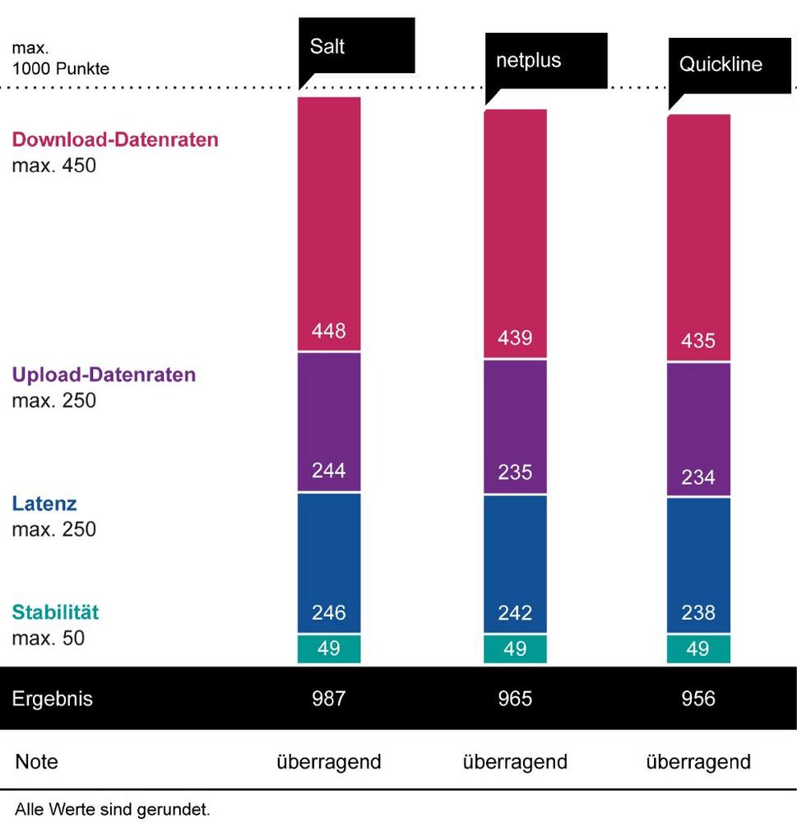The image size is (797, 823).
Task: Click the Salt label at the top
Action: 327,46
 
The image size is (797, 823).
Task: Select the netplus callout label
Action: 528,61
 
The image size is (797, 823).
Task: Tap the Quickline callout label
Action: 721,65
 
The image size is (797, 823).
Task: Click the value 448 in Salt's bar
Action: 329,331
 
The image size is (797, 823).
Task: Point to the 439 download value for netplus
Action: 515,337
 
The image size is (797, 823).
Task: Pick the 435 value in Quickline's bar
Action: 697,340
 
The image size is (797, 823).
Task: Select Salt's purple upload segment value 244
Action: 329,471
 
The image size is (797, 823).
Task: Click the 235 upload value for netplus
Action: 515,472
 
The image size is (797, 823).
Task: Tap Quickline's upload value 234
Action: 697,477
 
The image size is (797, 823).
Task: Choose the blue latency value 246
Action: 329,612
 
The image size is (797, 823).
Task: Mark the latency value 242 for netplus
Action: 515,612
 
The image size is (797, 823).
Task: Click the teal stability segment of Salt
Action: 329,649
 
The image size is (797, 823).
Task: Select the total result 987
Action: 329,699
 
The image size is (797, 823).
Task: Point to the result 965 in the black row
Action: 515,699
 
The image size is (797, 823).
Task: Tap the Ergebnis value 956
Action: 697,699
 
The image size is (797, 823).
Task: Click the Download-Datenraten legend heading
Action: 115,139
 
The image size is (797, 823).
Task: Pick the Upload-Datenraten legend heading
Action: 104,375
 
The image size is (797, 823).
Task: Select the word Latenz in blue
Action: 44,504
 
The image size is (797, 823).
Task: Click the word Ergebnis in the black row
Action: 53,700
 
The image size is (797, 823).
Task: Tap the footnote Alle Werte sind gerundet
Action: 112,810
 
